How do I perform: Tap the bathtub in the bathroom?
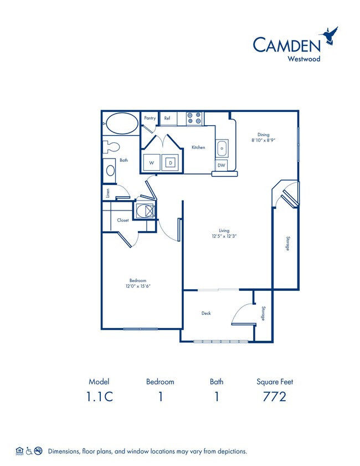click(x=121, y=123)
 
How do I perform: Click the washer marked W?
click(x=150, y=162)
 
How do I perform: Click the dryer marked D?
click(x=171, y=162)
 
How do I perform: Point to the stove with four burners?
click(x=194, y=118)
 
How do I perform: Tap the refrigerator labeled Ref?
click(x=167, y=118)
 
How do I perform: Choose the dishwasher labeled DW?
click(x=221, y=165)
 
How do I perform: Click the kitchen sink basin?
click(x=222, y=148)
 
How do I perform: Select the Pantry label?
click(x=150, y=118)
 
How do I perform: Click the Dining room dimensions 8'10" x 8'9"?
click(x=263, y=140)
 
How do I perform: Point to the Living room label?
click(x=224, y=230)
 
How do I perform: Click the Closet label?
click(x=122, y=220)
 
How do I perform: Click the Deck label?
click(x=205, y=313)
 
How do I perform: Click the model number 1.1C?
click(x=99, y=397)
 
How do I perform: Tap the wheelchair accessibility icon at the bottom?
click(x=29, y=451)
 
